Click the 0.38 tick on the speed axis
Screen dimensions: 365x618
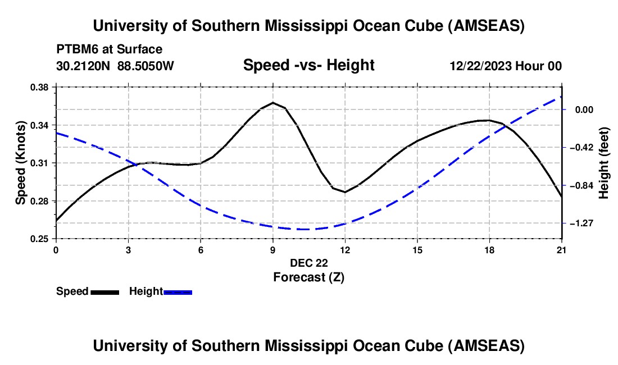click(40, 87)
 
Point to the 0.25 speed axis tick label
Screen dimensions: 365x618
click(40, 239)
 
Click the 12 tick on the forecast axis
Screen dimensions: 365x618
click(345, 250)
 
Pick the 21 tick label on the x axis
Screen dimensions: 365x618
click(562, 250)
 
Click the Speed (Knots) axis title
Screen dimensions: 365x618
click(21, 163)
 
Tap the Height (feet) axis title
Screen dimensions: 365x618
click(605, 163)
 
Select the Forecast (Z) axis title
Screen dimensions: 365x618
click(308, 277)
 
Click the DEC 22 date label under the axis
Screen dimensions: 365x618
click(308, 263)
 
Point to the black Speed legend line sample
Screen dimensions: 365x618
click(104, 291)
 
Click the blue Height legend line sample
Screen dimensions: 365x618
click(178, 291)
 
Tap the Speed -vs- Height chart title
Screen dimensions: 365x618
click(308, 65)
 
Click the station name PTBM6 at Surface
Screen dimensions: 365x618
click(109, 49)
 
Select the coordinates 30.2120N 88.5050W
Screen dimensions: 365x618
click(115, 66)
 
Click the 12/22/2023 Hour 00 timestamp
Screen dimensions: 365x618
click(506, 66)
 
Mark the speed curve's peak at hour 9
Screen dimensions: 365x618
click(273, 103)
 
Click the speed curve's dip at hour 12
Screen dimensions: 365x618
click(345, 192)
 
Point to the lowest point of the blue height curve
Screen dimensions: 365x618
click(303, 229)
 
